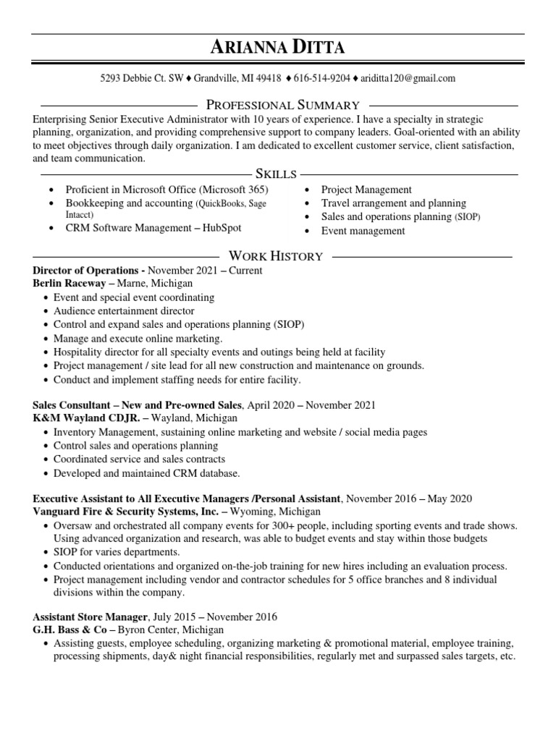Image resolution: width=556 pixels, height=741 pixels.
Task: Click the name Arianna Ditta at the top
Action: click(278, 48)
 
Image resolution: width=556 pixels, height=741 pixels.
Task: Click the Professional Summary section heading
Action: click(283, 105)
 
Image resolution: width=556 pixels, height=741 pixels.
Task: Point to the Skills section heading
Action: click(275, 174)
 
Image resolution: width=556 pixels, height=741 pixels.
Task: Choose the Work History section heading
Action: click(275, 256)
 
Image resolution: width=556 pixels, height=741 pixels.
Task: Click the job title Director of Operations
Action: click(86, 271)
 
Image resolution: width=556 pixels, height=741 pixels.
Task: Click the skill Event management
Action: click(363, 231)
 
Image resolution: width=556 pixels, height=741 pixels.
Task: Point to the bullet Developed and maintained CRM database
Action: click(146, 473)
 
